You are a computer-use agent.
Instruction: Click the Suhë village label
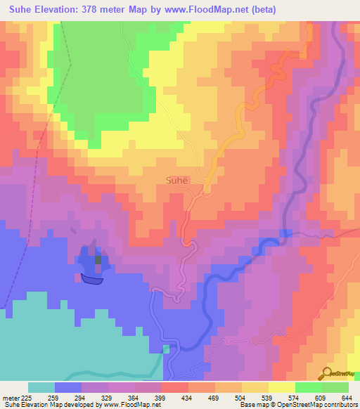point(177,180)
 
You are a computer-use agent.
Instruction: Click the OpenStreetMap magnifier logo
point(326,374)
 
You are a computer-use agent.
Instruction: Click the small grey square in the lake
point(98,260)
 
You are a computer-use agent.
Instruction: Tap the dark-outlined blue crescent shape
point(91,280)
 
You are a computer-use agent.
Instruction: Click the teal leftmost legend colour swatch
point(41,387)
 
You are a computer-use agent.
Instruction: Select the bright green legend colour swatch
point(308,387)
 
